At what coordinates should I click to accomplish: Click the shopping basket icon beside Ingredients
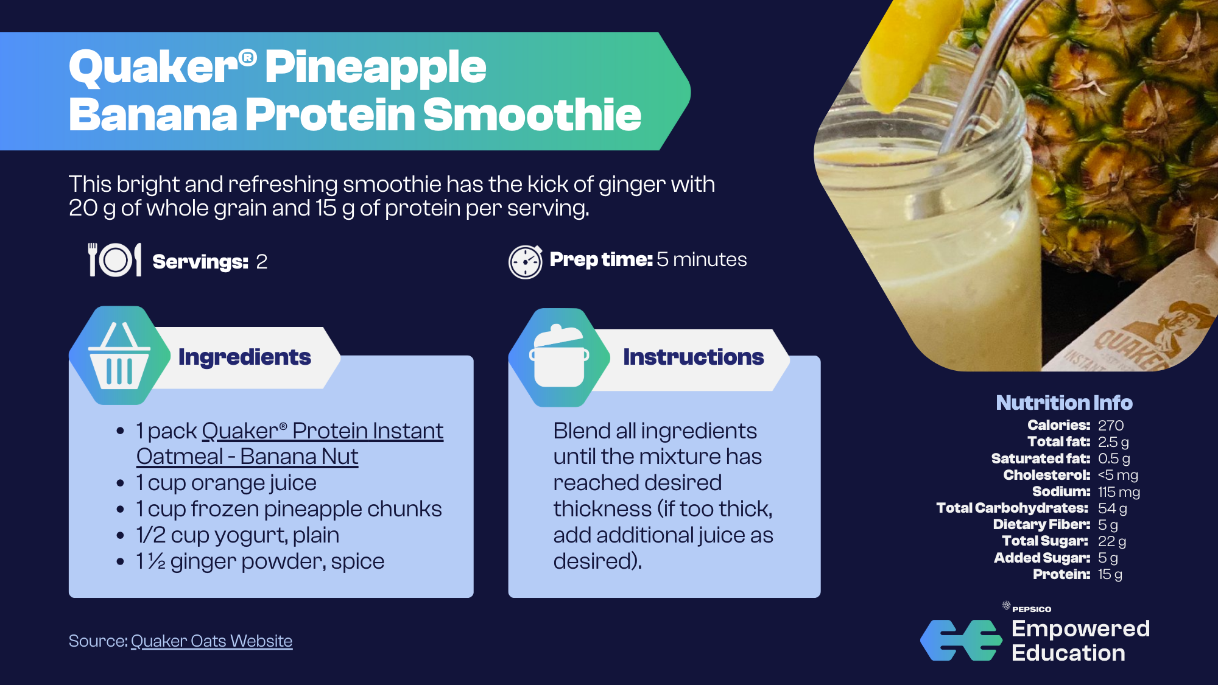point(119,356)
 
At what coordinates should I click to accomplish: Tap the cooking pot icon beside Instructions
point(559,357)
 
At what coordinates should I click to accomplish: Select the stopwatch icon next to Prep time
point(525,262)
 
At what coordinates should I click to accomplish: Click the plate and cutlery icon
point(115,260)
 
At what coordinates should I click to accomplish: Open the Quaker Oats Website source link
point(211,641)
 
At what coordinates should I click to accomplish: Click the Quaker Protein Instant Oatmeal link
point(290,444)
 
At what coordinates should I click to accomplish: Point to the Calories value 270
point(1111,425)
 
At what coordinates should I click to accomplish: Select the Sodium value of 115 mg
point(1119,491)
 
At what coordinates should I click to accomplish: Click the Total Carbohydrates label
point(1012,508)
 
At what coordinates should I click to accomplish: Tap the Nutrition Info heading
point(1064,402)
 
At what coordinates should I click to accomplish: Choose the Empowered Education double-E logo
point(961,640)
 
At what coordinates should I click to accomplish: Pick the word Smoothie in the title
point(532,114)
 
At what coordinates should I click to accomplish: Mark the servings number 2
point(262,262)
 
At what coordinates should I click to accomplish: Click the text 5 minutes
point(702,259)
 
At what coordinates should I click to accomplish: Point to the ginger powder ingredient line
point(260,561)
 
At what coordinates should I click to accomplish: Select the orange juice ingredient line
point(226,483)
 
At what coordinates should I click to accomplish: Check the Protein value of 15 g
point(1110,574)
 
